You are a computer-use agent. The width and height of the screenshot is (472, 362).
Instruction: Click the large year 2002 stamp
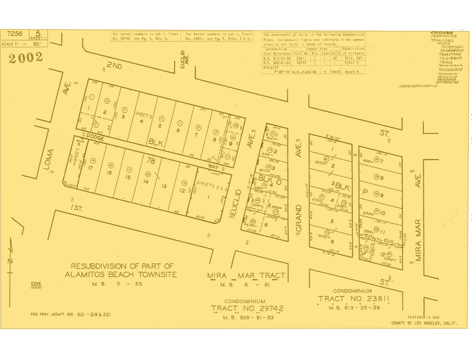(x=26, y=58)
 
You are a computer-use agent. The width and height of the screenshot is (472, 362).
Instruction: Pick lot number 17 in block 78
(x=91, y=167)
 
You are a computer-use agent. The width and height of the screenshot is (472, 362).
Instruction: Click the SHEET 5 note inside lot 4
(x=143, y=115)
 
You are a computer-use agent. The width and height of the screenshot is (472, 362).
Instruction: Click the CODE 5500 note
(x=36, y=286)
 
